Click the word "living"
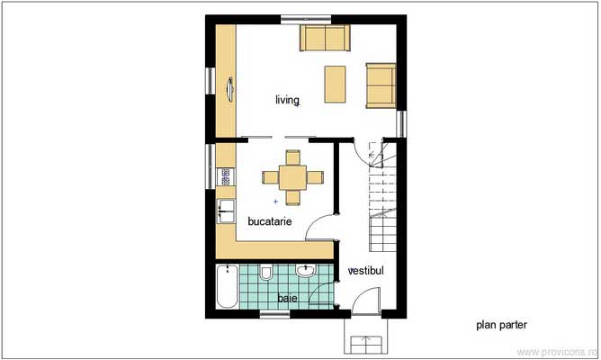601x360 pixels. [287, 101]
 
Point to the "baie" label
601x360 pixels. [286, 297]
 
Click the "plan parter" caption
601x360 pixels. [501, 325]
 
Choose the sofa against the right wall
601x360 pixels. [381, 84]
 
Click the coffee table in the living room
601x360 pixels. [335, 84]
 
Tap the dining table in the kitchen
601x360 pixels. [290, 175]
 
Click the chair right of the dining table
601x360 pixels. [310, 176]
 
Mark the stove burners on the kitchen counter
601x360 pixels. [224, 176]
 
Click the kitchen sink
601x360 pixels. [225, 212]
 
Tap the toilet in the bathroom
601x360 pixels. [265, 272]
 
